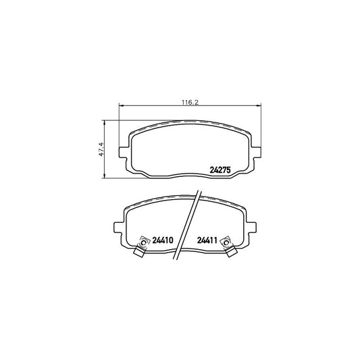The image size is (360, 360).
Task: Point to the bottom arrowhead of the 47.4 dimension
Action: tap(105, 177)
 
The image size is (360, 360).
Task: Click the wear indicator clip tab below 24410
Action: tap(138, 253)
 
